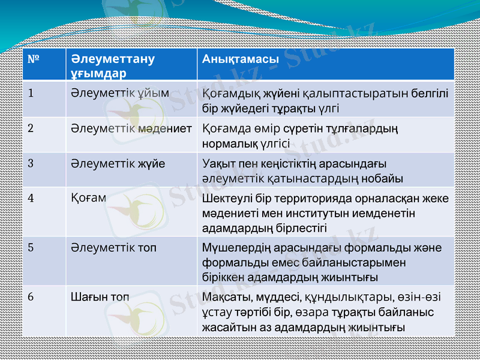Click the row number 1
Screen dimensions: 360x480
click(x=31, y=94)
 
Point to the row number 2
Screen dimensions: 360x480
click(x=31, y=128)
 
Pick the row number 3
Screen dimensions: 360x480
click(x=31, y=163)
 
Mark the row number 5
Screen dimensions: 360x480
click(x=31, y=247)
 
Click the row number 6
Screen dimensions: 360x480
click(x=31, y=296)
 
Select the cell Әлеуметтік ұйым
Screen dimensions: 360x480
click(x=119, y=94)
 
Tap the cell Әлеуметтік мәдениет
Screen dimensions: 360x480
click(x=131, y=128)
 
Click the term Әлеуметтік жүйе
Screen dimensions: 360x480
click(x=118, y=163)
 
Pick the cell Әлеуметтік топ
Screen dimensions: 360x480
click(x=114, y=247)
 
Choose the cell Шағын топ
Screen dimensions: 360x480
click(x=100, y=296)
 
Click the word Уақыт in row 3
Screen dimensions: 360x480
click(x=218, y=164)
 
